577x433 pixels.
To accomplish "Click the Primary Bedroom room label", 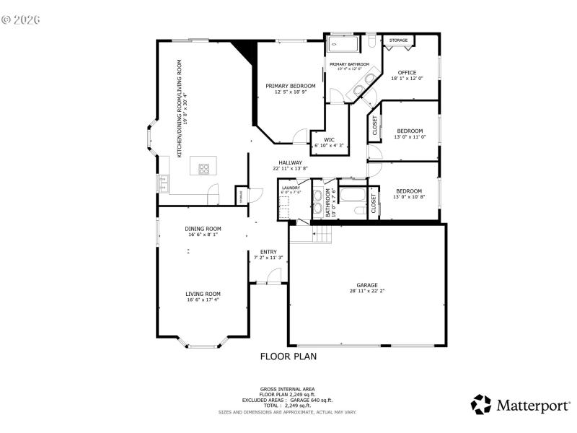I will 290,89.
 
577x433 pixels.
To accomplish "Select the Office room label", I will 408,75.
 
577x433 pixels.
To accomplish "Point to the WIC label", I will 329,142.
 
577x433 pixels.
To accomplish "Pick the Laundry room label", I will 290,189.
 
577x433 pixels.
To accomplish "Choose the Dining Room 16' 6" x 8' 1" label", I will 203,232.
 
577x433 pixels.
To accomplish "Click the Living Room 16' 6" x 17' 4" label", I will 203,296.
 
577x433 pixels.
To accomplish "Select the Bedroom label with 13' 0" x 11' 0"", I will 409,134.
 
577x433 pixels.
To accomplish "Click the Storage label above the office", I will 398,40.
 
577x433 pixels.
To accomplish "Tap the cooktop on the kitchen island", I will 203,170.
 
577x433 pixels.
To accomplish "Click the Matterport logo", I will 519,405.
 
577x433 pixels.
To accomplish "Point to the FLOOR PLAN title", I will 288,357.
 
